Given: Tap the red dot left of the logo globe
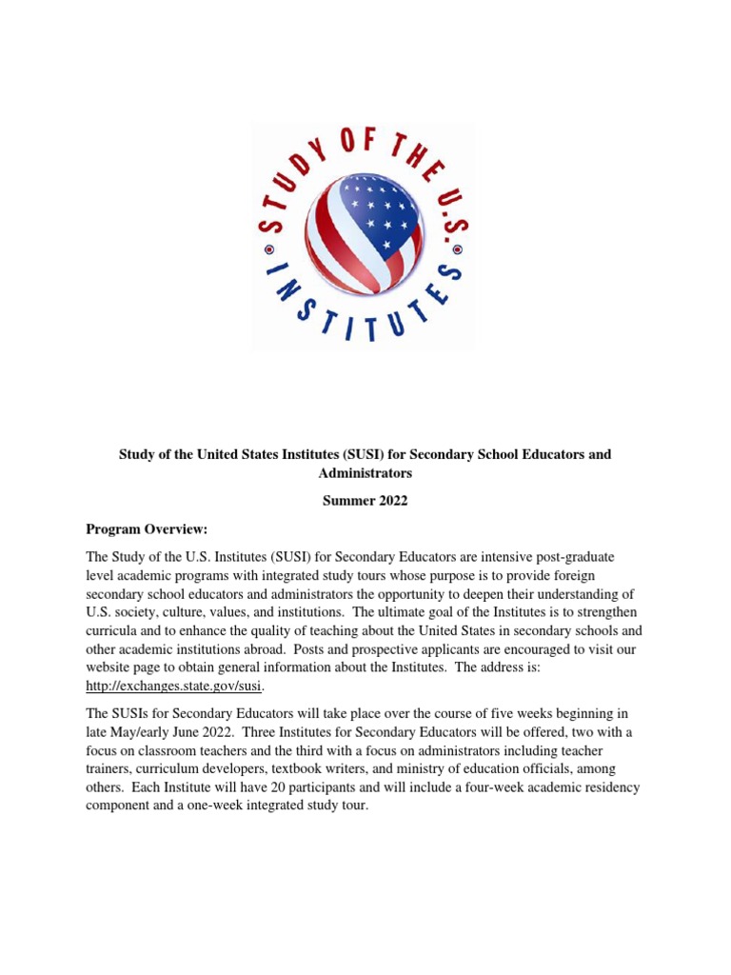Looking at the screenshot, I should [268, 252].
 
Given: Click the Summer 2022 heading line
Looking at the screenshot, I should [365, 502].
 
